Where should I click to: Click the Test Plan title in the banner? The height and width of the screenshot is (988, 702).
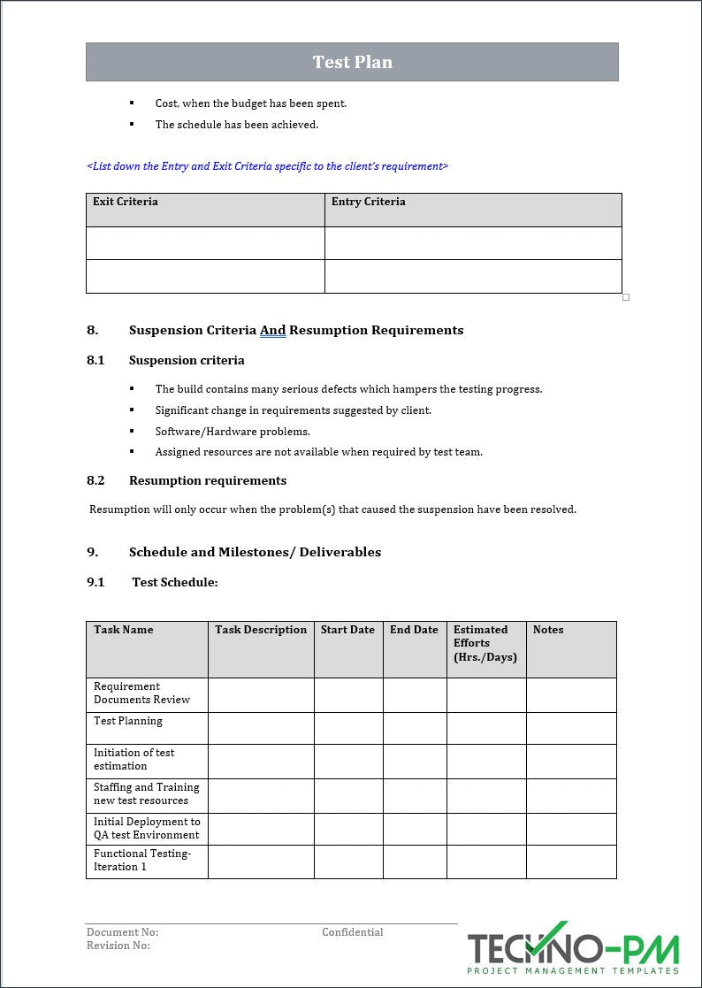pos(352,62)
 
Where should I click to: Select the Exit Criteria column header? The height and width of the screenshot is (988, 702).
pos(126,202)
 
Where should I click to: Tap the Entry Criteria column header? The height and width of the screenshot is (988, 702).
pos(368,202)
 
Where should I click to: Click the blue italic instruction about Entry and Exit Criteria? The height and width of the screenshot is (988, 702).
pos(267,166)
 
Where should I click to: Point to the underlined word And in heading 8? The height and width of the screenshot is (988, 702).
pos(272,330)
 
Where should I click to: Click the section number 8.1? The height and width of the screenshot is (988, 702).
pos(95,360)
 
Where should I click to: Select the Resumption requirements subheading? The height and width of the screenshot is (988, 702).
pos(208,480)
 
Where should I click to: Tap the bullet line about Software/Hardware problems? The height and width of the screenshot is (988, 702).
pos(233,432)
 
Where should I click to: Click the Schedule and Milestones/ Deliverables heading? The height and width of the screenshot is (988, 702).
pos(255,552)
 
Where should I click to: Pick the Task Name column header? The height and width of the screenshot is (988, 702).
pos(124,630)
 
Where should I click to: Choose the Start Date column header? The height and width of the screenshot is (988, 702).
pos(347,630)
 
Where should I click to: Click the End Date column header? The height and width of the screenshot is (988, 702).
pos(414,630)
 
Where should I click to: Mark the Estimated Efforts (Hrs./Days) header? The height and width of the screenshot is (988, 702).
pos(485,643)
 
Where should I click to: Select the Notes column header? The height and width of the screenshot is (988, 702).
pos(548,630)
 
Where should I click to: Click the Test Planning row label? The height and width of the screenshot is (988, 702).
pos(128,721)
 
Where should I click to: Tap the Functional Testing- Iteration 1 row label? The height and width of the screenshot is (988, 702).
pos(141,860)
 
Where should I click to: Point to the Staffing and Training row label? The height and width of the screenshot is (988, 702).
pos(146,793)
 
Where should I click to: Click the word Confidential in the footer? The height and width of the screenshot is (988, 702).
pos(352,932)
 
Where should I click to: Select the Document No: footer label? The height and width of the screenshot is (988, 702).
pos(122,932)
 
